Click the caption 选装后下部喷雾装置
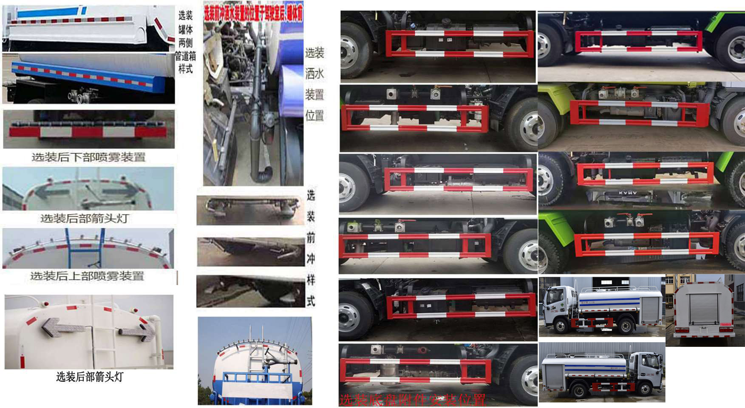tap(88, 158)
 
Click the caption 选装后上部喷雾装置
tap(87, 276)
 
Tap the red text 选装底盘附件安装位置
tap(412, 400)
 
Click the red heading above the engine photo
tap(253, 11)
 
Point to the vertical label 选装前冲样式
tap(311, 248)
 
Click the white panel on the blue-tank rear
tap(255, 390)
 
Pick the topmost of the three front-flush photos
tap(250, 210)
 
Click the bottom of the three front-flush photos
tap(250, 291)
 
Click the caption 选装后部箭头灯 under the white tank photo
tap(89, 377)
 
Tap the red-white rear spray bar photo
tap(88, 129)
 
